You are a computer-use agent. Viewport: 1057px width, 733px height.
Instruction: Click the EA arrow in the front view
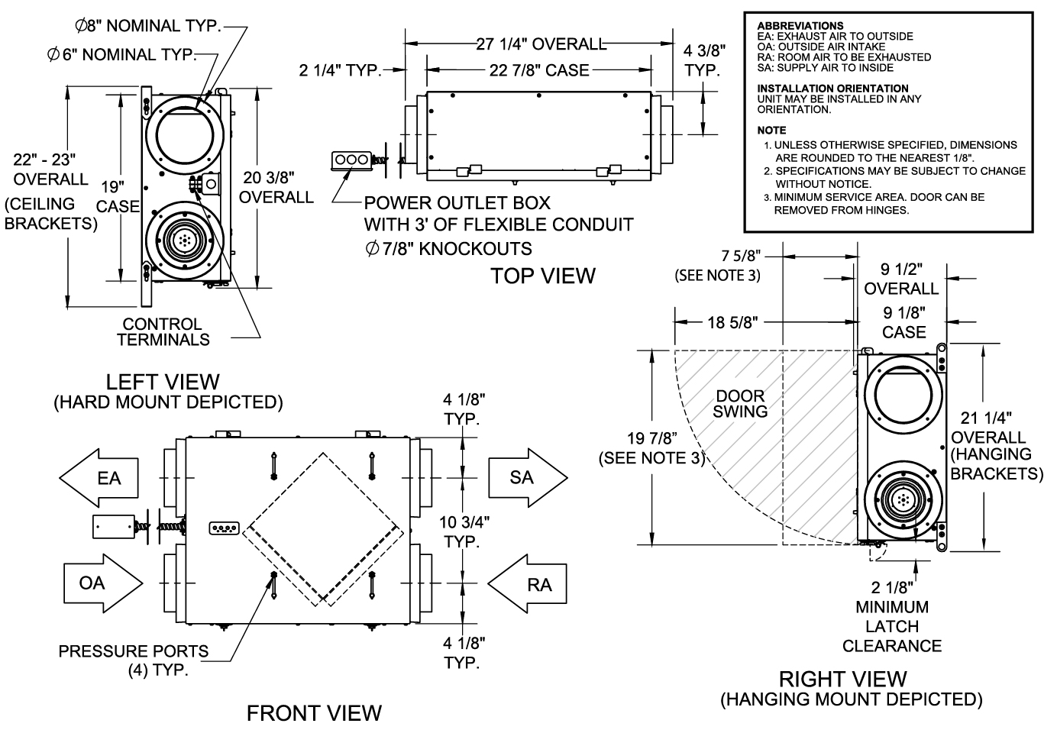coord(100,478)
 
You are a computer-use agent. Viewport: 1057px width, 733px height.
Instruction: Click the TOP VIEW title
coord(542,276)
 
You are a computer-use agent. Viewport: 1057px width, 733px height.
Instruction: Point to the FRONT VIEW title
coord(314,713)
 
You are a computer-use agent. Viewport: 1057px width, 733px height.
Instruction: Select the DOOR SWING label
coord(740,404)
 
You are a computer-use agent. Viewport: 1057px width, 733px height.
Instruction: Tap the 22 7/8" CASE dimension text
coord(539,70)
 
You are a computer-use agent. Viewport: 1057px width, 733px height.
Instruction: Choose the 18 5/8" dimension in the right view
coord(732,322)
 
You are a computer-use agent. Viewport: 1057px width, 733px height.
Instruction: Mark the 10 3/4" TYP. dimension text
coord(462,531)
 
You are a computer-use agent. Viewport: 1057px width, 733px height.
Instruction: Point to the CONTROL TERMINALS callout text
coord(163,331)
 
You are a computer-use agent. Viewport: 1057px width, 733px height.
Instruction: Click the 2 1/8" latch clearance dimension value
coord(891,588)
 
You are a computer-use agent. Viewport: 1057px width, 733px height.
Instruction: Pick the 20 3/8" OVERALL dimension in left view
coord(276,188)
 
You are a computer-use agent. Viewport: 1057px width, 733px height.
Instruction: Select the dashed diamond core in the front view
coord(325,530)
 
